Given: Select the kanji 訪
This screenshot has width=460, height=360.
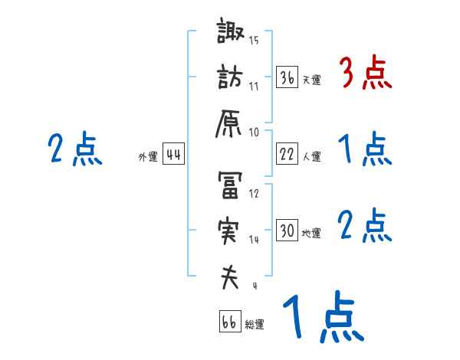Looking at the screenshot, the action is (x=230, y=79).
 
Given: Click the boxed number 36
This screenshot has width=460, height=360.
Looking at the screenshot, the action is (x=287, y=78).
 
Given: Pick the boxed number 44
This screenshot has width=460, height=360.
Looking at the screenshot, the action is (x=174, y=155).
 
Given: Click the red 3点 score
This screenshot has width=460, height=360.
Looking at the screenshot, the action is (x=365, y=75).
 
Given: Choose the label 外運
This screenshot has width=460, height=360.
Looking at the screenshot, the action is (x=148, y=157).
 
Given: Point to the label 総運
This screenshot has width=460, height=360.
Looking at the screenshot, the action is (x=255, y=325).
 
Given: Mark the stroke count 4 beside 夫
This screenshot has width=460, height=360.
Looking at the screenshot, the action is (x=255, y=286).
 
